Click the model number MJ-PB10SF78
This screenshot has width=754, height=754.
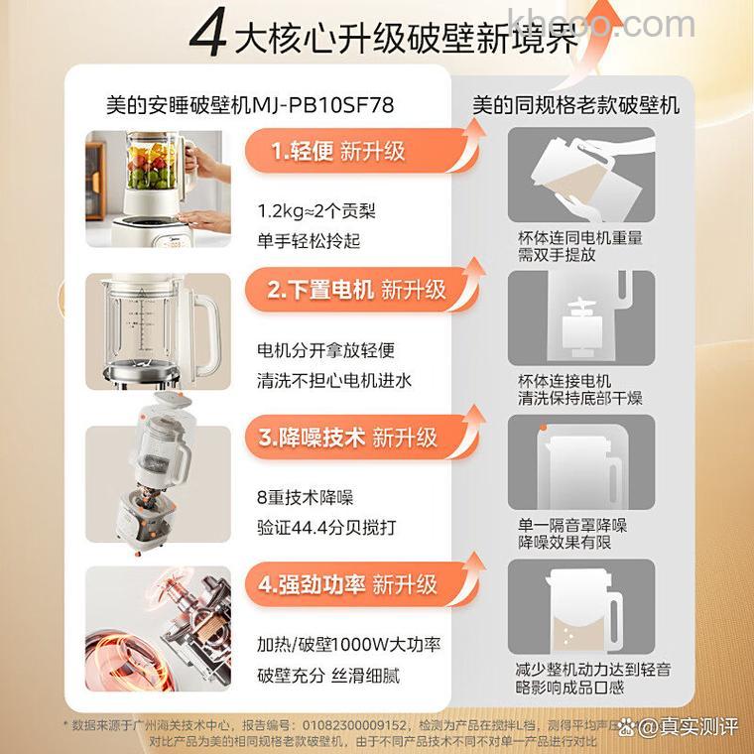coord(319,103)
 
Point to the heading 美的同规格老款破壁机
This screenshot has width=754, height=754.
coord(575,103)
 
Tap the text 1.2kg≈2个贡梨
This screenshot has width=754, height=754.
coord(303,211)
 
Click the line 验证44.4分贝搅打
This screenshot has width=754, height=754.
coord(315,527)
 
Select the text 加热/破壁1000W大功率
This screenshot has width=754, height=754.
coord(347,644)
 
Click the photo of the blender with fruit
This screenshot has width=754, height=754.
coord(159,188)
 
